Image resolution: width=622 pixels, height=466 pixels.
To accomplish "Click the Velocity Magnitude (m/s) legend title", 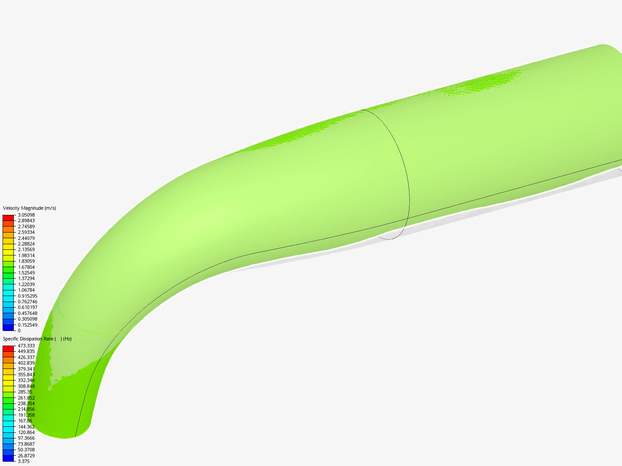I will pyautogui.click(x=29, y=208).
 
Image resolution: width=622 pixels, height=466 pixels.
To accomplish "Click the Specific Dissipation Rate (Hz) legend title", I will pyautogui.click(x=37, y=339).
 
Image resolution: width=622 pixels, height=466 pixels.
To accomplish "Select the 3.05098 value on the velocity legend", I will pyautogui.click(x=26, y=215).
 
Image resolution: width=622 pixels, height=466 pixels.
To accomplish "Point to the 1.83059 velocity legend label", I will pyautogui.click(x=26, y=261).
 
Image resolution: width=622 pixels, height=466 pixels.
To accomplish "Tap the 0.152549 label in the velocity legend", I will pyautogui.click(x=27, y=325).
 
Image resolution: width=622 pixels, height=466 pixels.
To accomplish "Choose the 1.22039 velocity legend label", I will pyautogui.click(x=26, y=284).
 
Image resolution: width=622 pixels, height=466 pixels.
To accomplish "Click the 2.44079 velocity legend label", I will pyautogui.click(x=26, y=238).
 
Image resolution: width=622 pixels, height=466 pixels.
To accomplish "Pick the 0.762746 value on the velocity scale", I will pyautogui.click(x=27, y=302).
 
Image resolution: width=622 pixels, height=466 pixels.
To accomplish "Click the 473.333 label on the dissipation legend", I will pyautogui.click(x=26, y=346).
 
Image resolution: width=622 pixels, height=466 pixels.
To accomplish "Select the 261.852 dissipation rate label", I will pyautogui.click(x=26, y=398).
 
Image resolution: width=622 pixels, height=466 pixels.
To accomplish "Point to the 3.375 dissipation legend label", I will pyautogui.click(x=23, y=461).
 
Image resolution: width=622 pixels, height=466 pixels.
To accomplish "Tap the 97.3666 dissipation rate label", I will pyautogui.click(x=26, y=438).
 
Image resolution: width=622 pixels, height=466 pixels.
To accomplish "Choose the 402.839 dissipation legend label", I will pyautogui.click(x=26, y=363).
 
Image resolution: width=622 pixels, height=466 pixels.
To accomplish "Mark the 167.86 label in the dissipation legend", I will pyautogui.click(x=25, y=421).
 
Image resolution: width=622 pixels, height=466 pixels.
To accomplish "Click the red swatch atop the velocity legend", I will pyautogui.click(x=8, y=218).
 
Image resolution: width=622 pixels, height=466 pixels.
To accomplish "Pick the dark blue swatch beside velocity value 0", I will pyautogui.click(x=8, y=327).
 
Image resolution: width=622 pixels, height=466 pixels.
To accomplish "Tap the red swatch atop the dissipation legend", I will pyautogui.click(x=8, y=348).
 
